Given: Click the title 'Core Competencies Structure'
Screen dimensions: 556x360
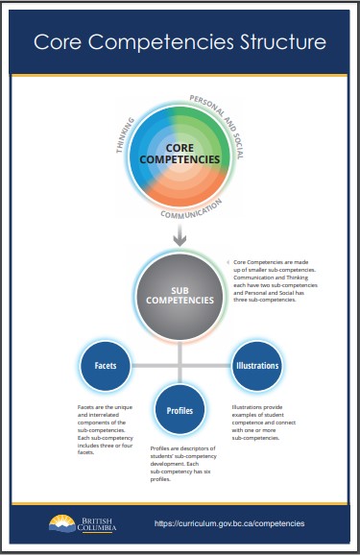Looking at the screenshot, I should click(180, 42).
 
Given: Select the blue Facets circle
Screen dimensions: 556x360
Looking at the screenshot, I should click(105, 366).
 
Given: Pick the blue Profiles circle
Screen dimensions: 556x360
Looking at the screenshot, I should click(180, 410).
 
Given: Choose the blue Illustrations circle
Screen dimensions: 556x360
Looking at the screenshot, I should click(257, 366).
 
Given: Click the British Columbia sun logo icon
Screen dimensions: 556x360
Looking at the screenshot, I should click(61, 521).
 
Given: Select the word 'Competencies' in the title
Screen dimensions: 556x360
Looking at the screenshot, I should click(180, 42).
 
